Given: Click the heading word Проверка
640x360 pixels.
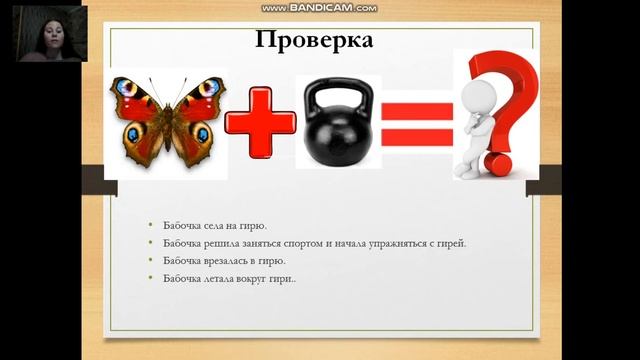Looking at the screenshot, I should tap(314, 41).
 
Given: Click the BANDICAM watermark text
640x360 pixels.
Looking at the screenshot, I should tap(319, 8).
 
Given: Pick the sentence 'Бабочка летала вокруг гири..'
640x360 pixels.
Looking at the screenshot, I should tap(230, 278).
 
